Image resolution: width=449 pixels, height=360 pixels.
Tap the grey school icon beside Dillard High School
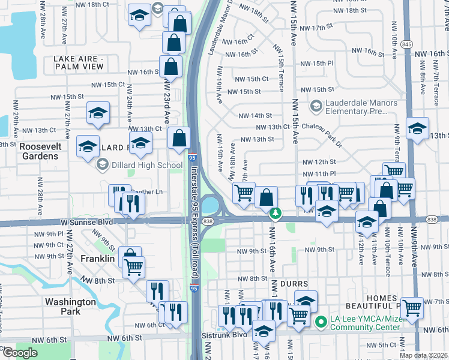103,164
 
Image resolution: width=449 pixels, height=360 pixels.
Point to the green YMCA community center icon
321,322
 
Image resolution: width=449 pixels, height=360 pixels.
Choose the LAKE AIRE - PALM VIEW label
79,62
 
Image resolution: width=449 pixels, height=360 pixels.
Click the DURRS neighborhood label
294,283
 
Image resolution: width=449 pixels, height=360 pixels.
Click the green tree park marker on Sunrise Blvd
276,212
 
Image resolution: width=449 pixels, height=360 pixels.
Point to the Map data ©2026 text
423,355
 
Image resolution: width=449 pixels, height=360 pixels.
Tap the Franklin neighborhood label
98,259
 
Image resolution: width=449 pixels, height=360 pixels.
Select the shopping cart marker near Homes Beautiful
412,308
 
